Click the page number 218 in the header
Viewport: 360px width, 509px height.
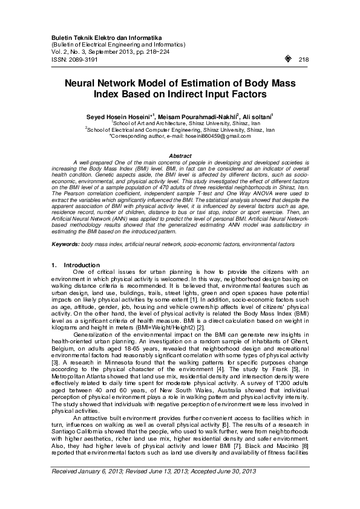coord(304,59)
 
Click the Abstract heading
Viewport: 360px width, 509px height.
coord(180,157)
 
